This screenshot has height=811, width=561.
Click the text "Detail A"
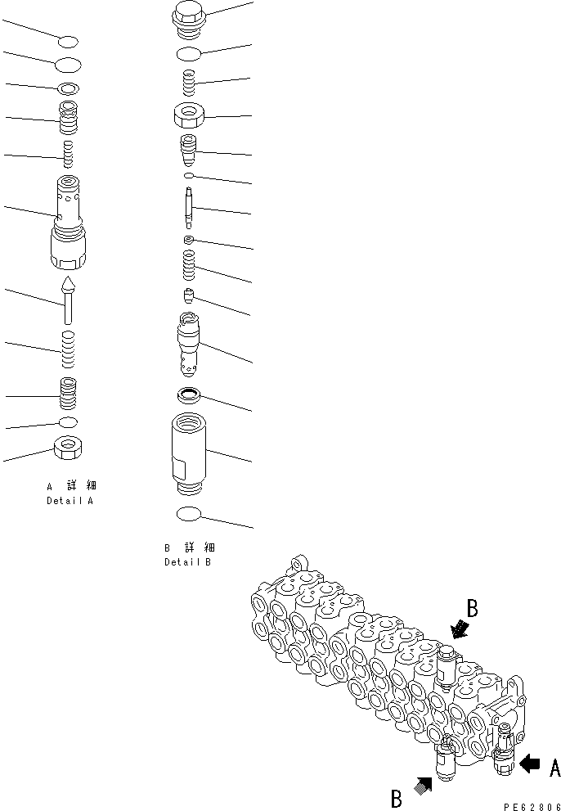tap(70, 500)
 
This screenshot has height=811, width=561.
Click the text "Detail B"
tap(188, 562)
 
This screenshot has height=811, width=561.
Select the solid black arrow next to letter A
tap(530, 764)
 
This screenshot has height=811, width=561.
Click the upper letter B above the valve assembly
tap(472, 608)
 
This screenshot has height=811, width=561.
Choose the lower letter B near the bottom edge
tap(397, 798)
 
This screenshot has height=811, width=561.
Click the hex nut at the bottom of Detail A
tap(70, 448)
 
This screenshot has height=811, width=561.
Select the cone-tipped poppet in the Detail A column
tap(69, 300)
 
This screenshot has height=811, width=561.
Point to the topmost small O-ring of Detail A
tap(69, 41)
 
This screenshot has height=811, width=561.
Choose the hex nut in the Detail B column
tap(190, 115)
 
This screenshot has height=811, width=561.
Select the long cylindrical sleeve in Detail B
tap(190, 454)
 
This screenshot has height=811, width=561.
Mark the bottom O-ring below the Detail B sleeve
tap(190, 513)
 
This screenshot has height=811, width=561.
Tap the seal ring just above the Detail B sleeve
tap(190, 396)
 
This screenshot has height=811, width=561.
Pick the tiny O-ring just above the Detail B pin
tap(189, 175)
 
